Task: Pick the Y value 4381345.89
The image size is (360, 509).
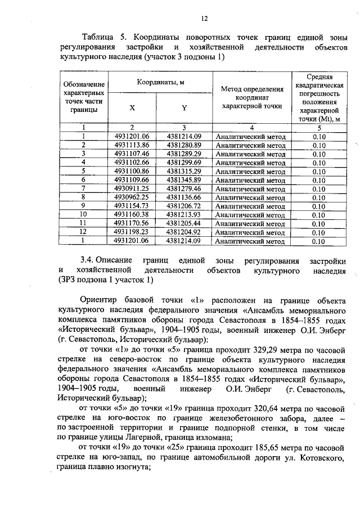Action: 184,179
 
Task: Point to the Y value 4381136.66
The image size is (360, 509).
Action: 184,197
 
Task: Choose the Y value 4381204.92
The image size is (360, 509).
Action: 184,232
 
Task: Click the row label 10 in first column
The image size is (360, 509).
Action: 83,214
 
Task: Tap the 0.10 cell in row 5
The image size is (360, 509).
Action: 319,171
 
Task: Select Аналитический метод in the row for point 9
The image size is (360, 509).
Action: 251,206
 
